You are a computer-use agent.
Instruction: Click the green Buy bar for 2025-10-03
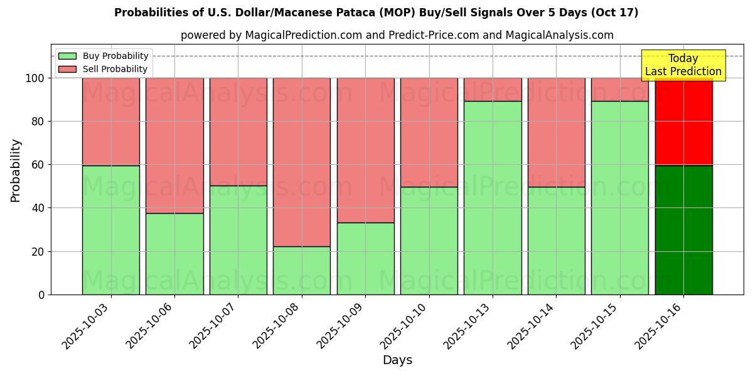coord(111,230)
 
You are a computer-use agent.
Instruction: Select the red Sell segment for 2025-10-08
coord(302,162)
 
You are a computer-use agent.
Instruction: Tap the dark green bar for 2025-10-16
coord(683,230)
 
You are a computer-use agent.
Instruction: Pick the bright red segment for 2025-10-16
coord(683,122)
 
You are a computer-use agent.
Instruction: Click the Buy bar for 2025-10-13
coord(493,197)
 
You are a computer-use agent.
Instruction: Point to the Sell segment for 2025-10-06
coord(174,145)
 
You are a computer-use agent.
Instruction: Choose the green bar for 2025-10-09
coord(365,258)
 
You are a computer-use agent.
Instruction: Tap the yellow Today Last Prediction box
coord(683,65)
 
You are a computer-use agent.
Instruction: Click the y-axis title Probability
coord(16,170)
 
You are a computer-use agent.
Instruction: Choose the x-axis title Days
coord(397,360)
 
